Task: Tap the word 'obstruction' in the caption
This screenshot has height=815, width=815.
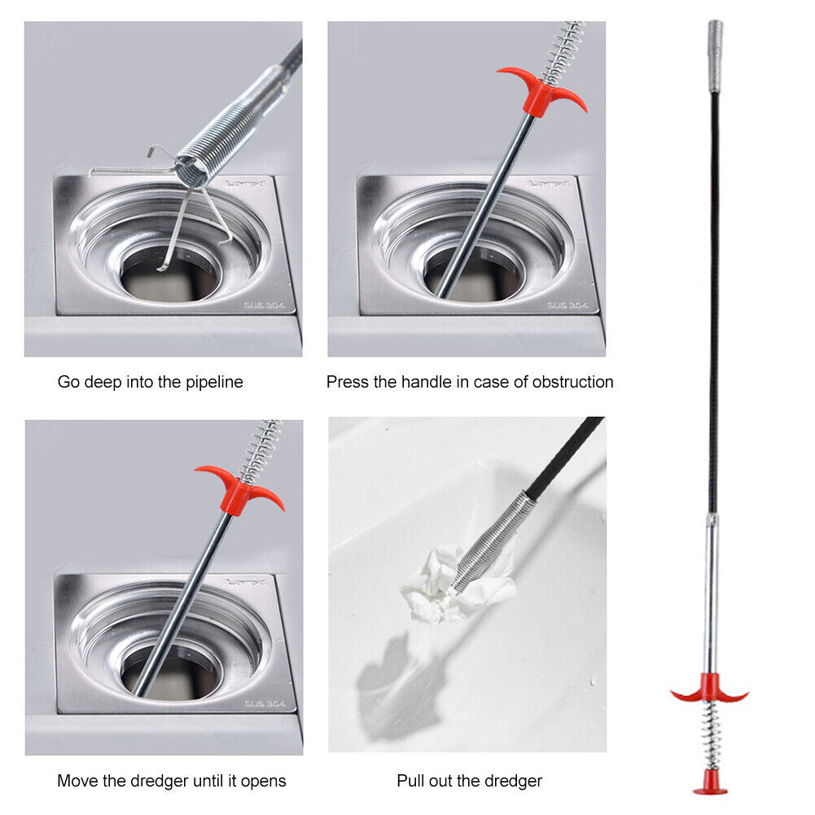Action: [572, 382]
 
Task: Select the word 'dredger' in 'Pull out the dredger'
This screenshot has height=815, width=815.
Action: [514, 781]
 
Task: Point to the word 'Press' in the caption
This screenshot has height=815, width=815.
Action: [348, 382]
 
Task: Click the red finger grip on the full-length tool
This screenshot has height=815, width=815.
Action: [708, 690]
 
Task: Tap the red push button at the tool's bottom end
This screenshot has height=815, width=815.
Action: [710, 787]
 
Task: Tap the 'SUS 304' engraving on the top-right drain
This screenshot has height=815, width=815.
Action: [567, 305]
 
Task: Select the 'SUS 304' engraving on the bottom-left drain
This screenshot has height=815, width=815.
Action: [265, 704]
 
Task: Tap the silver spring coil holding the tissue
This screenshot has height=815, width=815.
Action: [493, 541]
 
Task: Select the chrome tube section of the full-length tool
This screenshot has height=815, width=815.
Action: [712, 594]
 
